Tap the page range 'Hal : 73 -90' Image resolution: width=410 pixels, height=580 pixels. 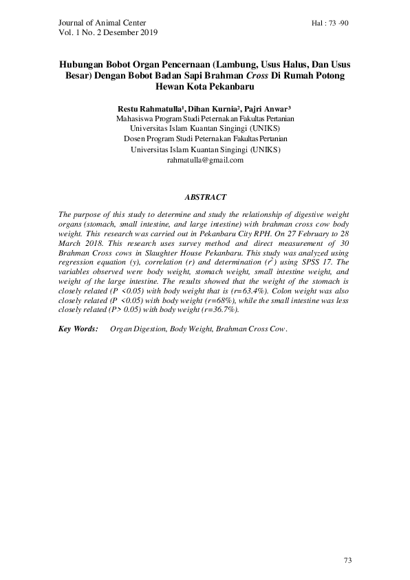330,23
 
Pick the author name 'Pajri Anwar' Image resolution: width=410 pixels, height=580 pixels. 263,108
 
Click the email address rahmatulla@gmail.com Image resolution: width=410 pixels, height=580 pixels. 205,160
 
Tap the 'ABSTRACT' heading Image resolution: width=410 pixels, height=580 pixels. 205,198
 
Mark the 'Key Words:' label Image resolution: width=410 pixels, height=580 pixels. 78,329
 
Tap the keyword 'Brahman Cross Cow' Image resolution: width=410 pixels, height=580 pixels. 250,329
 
